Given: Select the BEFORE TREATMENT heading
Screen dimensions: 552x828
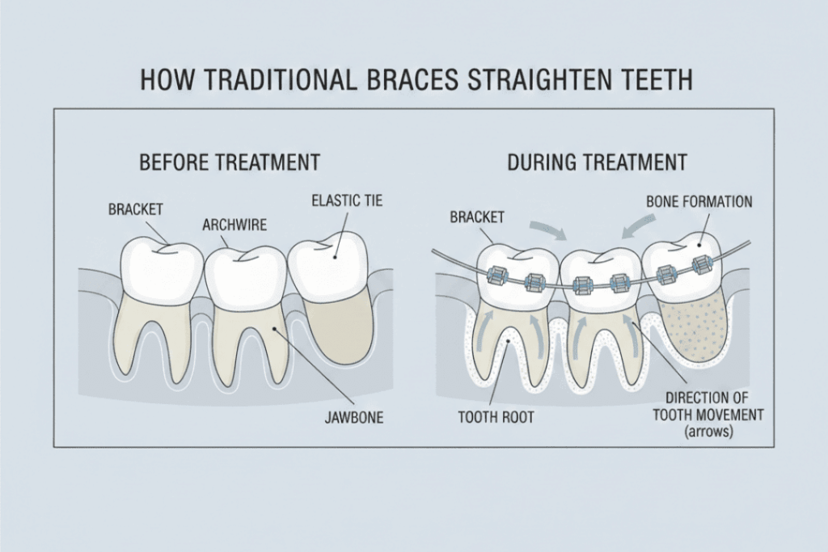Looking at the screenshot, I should [230, 162].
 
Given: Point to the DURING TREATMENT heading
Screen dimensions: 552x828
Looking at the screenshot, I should [597, 162].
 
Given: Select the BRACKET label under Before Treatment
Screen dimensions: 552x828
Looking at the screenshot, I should [136, 209].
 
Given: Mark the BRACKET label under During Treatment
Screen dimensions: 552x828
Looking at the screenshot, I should [476, 217].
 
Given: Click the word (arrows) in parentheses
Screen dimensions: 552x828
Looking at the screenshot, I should [708, 431].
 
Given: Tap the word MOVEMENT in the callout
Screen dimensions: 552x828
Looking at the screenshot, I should [712, 415].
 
